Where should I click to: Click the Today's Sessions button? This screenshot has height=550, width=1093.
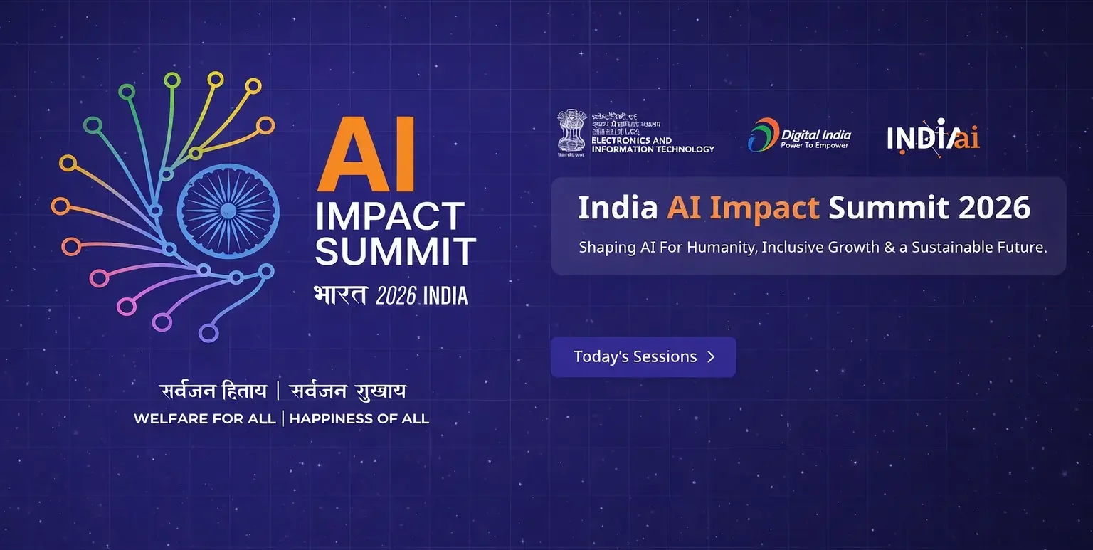point(643,357)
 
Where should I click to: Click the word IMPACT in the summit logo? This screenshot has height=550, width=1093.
point(391,216)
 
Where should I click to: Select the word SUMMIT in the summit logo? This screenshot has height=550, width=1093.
point(396,251)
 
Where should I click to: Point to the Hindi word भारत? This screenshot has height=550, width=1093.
point(340,294)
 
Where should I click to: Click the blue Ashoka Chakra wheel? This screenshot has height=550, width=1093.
point(228,210)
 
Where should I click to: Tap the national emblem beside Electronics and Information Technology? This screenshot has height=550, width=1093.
point(571,132)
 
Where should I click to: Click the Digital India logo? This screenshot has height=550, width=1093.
point(799,134)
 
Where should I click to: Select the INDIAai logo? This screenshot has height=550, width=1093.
point(933,136)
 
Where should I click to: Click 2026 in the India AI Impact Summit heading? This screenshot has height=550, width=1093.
point(994,208)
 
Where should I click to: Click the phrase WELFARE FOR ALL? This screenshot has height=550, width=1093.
point(204,418)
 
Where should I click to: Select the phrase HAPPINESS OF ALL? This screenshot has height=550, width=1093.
point(359,418)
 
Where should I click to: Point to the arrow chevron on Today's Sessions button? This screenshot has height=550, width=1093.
point(711,357)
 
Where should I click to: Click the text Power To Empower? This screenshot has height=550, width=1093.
point(815,146)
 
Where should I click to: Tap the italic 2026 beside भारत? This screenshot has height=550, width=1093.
point(396,295)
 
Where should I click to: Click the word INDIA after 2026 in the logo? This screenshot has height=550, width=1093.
point(445,295)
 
